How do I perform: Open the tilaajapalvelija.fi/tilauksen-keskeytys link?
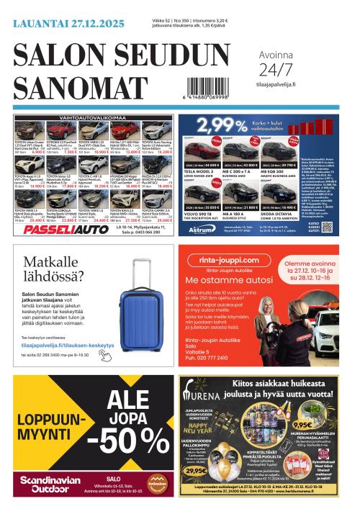click(68, 345)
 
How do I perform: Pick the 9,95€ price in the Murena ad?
click(303, 425)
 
